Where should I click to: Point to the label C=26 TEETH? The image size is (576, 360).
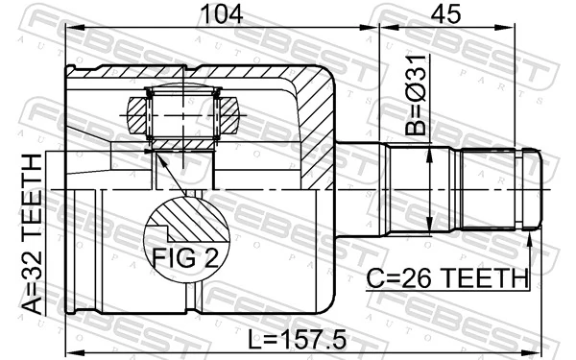point(447,278)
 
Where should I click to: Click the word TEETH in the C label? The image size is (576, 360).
point(489,278)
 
